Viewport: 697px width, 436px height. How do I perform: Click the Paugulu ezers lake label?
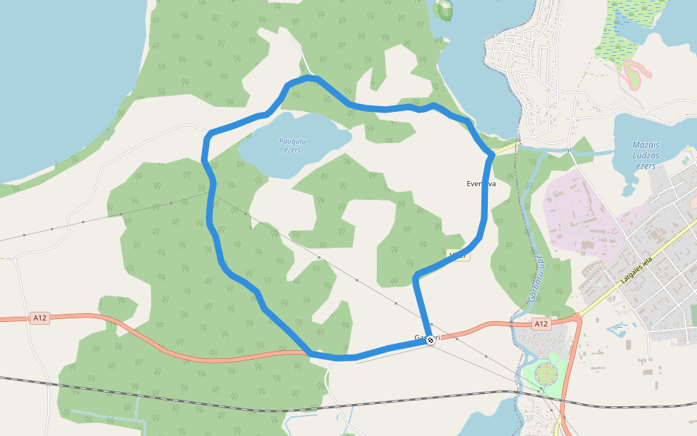click(292, 145)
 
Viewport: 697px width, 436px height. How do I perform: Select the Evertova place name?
click(480, 184)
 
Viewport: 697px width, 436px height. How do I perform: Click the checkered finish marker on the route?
click(431, 339)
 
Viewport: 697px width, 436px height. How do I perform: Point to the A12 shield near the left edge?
click(40, 318)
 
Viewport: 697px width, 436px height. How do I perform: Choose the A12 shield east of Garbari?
click(539, 323)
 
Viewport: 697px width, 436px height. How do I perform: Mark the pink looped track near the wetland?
click(633, 73)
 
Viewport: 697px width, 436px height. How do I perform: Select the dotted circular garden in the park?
click(546, 374)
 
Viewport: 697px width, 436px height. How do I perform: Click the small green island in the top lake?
click(444, 9)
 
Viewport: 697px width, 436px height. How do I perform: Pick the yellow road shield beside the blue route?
click(459, 255)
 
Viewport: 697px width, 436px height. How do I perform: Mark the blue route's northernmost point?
click(310, 77)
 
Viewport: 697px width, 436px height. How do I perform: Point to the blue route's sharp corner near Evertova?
click(492, 153)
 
